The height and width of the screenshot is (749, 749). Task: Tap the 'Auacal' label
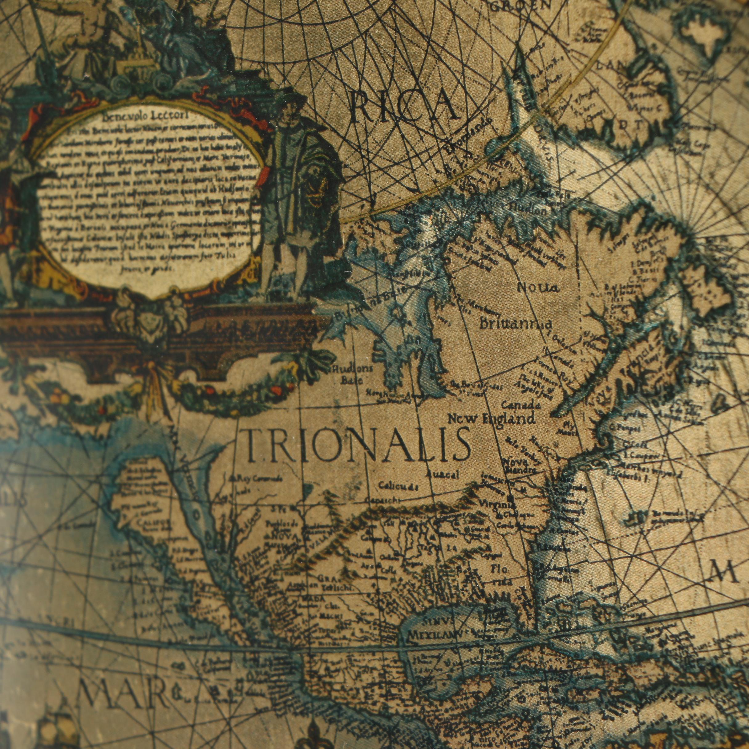coord(442,475)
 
